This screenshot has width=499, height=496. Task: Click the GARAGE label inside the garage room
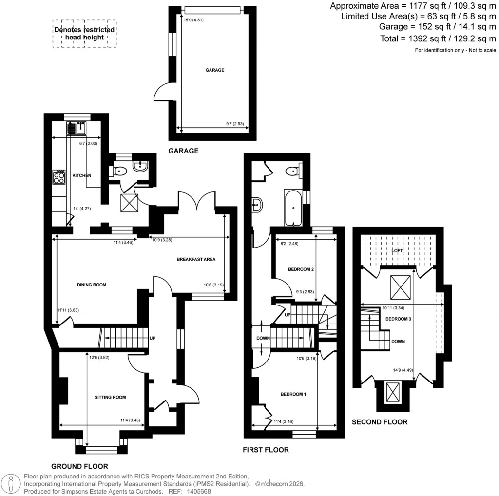214,70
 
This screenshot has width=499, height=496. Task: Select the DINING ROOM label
91,285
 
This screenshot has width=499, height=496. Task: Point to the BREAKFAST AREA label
196,259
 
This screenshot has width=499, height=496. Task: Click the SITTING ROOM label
110,397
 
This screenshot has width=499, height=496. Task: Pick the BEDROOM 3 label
398,319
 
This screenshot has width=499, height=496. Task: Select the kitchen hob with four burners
59,176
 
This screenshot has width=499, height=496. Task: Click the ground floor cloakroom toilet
120,171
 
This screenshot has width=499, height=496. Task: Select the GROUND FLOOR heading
79,466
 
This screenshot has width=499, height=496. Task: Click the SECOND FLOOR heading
380,422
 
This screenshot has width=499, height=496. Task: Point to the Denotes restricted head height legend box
85,34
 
